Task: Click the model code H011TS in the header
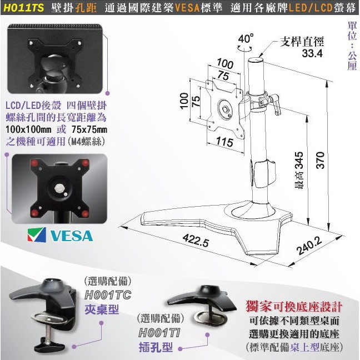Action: [24, 8]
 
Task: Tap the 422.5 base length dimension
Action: [196, 239]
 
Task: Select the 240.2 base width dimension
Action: [309, 245]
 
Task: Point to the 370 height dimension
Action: [321, 160]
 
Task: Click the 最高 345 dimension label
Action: [299, 170]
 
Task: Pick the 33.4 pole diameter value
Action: [312, 53]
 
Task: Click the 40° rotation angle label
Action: [246, 38]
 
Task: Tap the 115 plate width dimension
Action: [224, 142]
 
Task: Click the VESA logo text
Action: [72, 236]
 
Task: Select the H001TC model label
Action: [108, 295]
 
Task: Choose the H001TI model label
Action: [159, 332]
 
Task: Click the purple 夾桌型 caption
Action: [102, 309]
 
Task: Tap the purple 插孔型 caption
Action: [156, 347]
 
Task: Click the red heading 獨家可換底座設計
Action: [294, 307]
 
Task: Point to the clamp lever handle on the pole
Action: [276, 104]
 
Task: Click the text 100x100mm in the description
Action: [28, 129]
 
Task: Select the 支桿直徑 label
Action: [302, 42]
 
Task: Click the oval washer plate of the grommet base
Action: [211, 318]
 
